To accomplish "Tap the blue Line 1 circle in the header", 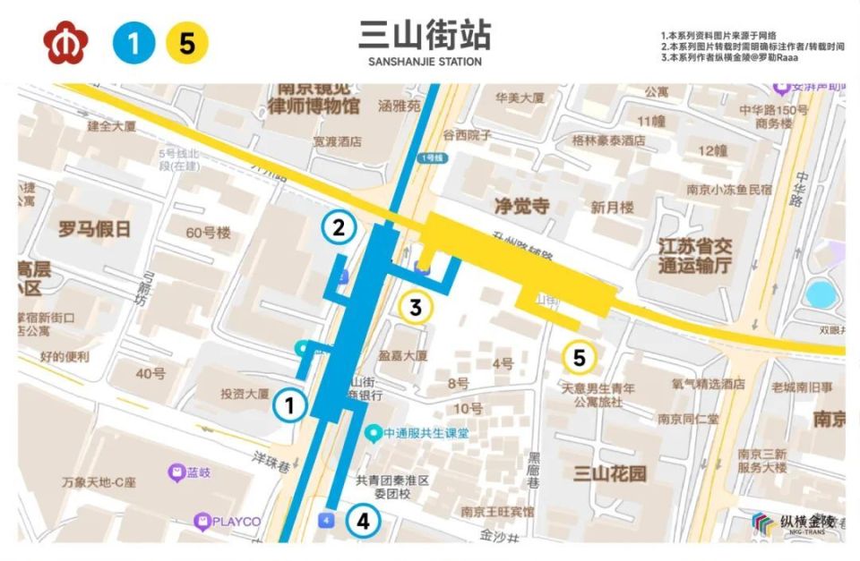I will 133,43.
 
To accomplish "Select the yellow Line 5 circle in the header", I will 186,43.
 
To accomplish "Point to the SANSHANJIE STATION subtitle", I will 425,62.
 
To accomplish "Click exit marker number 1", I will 289,405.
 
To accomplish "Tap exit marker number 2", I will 339,227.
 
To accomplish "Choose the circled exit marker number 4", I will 362,521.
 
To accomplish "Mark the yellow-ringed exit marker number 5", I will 579,358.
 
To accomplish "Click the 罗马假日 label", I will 94,229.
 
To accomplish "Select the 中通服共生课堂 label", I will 426,433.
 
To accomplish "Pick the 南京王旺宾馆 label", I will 497,512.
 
